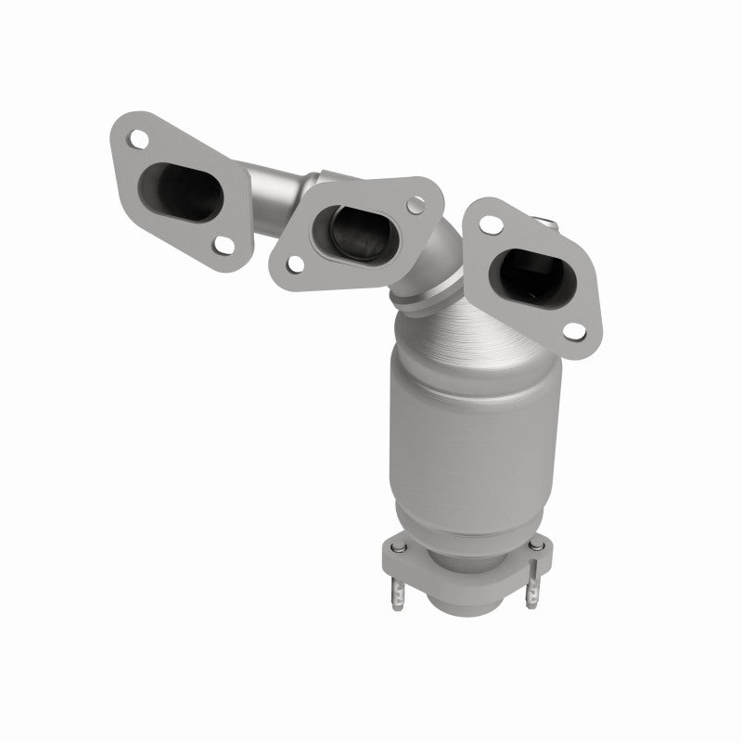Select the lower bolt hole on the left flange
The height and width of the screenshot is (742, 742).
223,244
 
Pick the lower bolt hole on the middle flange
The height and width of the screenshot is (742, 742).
294,264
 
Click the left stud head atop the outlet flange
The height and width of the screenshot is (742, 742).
397,553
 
